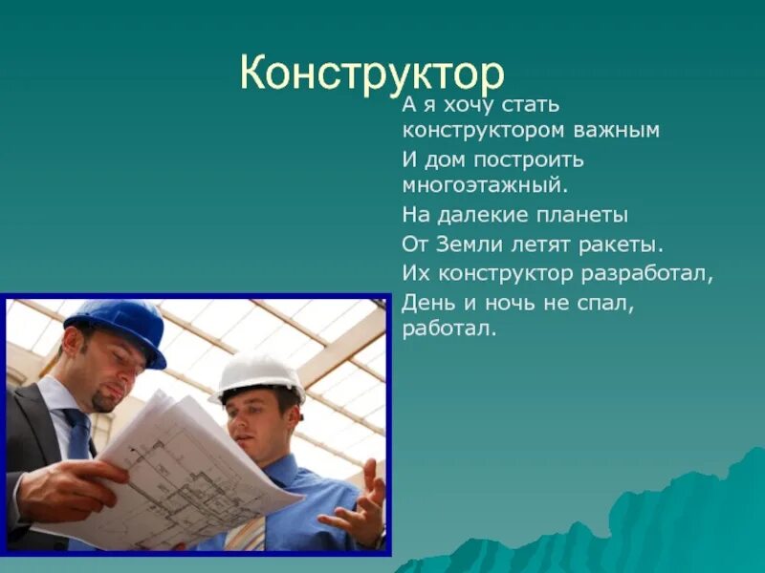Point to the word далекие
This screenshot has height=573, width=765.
point(488,215)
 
